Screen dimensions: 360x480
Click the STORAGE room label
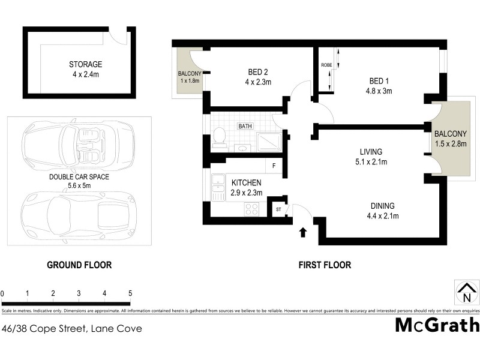[85, 64]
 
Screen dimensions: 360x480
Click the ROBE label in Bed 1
[326, 65]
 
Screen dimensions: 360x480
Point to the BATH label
[245, 127]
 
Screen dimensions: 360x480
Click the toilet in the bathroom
[219, 137]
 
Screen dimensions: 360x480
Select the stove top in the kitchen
[252, 209]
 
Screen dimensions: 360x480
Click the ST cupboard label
[278, 210]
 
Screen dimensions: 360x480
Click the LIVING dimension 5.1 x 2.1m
[371, 162]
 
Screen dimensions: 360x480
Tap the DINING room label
[383, 206]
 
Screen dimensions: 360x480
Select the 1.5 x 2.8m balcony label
[451, 143]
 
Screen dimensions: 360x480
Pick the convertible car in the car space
[77, 146]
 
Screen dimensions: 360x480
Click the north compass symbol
[466, 293]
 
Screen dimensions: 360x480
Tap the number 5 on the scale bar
[130, 293]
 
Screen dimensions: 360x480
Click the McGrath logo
[437, 325]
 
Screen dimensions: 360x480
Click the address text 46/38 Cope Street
[72, 328]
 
